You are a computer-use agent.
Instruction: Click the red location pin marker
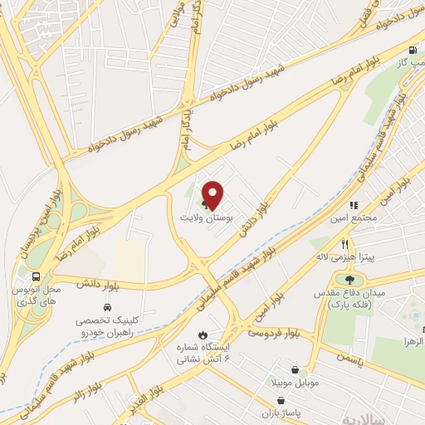click(213, 195)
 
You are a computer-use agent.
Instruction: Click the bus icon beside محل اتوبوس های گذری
click(36, 277)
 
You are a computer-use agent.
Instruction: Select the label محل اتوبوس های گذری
click(38, 298)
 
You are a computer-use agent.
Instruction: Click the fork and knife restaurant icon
click(344, 243)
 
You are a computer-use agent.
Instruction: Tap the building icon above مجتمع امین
click(353, 204)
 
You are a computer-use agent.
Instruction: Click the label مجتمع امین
click(358, 217)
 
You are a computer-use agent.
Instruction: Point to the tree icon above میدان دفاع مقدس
click(349, 280)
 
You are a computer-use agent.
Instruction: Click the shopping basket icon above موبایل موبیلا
click(295, 370)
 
